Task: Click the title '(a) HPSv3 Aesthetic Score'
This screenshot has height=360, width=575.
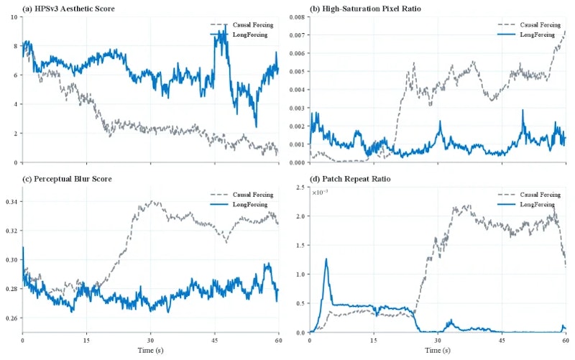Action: point(68,9)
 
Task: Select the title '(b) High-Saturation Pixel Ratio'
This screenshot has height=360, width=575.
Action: point(365,9)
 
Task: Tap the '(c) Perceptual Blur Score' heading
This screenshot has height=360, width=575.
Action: point(67,179)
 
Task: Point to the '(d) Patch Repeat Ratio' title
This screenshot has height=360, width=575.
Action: point(350,179)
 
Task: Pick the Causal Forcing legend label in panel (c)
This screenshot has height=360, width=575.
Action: point(253,195)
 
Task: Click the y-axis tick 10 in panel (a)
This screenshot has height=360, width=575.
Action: point(14,17)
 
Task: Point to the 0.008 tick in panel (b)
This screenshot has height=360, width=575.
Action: point(298,17)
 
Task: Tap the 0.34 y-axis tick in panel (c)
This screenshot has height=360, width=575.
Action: point(11,202)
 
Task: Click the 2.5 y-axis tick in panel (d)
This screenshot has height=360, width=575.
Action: point(300,188)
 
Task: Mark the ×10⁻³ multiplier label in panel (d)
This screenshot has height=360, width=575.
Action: point(320,192)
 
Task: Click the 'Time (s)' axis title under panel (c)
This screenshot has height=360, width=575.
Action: point(150,351)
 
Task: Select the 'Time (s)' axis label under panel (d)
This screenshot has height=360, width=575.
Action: point(438,351)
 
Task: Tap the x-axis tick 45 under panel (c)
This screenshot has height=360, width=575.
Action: point(214,340)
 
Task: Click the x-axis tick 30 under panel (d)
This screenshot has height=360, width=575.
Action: point(438,340)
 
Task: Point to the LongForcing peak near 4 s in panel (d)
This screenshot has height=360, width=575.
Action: point(326,259)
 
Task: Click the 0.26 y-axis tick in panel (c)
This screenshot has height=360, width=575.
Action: point(11,318)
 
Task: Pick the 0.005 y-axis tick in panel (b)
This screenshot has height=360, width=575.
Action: point(298,71)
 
